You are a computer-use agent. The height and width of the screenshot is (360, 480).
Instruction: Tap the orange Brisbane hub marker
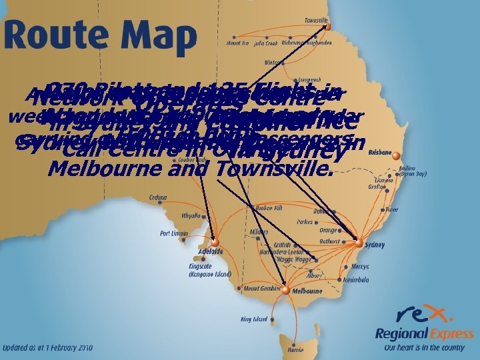tap(395, 157)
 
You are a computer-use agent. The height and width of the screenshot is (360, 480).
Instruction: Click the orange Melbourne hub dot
tap(286, 290)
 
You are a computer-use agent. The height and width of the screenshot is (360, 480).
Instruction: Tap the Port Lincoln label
tap(175, 233)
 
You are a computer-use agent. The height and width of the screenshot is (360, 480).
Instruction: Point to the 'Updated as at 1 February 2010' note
tap(48, 348)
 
